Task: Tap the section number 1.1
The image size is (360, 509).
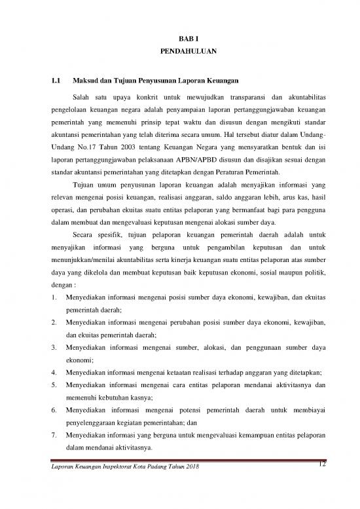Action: click(x=56, y=82)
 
